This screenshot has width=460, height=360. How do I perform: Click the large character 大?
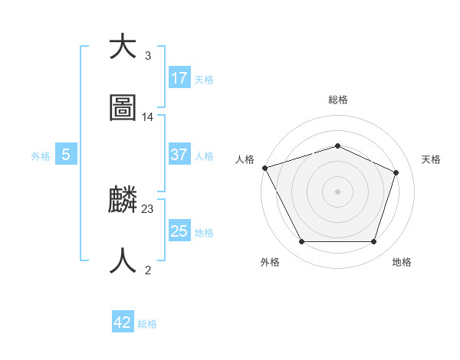123,47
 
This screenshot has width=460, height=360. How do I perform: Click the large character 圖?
123,108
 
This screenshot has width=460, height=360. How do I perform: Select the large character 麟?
123,200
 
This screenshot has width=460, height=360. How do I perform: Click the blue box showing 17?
179,77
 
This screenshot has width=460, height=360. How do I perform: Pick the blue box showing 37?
179,155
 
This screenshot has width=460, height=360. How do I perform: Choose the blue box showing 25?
179,231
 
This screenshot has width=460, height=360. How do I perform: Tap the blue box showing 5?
66,155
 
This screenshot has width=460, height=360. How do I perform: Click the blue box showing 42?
123,322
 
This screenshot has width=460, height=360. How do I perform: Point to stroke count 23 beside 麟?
148,208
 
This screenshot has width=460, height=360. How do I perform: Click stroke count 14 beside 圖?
148,117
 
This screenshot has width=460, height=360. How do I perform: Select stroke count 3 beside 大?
148,56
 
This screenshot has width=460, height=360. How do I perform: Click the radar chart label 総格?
338,100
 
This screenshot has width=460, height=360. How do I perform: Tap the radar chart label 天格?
431,159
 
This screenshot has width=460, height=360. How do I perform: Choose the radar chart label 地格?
402,263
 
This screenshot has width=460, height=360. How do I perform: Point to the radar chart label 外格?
270,263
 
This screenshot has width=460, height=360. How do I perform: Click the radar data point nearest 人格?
264,168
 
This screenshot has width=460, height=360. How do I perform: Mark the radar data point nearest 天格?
396,172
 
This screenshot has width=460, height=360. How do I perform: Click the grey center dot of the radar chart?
337,191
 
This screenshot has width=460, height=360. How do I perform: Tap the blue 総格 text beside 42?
147,324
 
